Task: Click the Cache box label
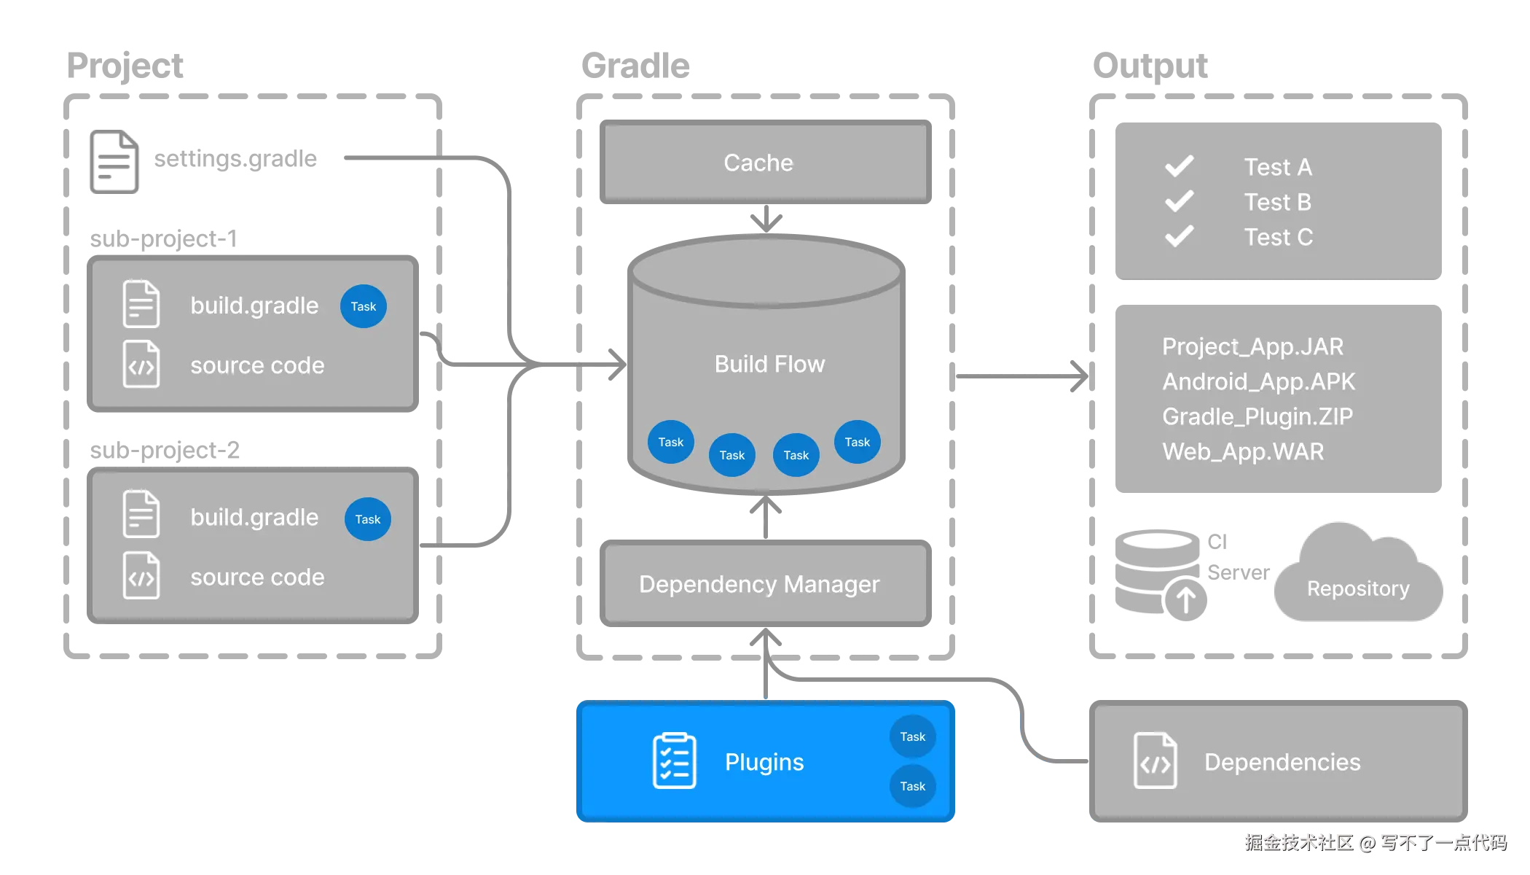[758, 163]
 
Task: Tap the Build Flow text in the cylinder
[769, 364]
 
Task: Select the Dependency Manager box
[760, 584]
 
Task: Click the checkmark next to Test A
[1179, 166]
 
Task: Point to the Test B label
[1277, 202]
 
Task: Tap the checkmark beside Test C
[1179, 236]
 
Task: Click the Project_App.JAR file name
[1252, 346]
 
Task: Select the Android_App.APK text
[1258, 381]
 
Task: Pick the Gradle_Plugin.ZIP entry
[1257, 416]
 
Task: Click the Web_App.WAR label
[1243, 451]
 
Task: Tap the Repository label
[1358, 588]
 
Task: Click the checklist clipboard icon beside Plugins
[674, 761]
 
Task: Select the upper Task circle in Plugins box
[912, 736]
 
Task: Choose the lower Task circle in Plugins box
[912, 786]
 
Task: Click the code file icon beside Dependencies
[1155, 761]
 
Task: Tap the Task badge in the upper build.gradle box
[363, 306]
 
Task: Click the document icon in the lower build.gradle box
[141, 515]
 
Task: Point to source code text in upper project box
[257, 365]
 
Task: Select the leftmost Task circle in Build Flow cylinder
[670, 442]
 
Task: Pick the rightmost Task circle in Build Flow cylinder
[857, 442]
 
